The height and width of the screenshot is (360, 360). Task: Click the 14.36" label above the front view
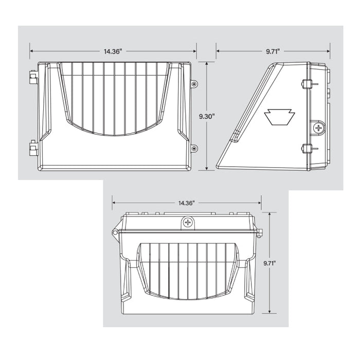pyautogui.click(x=113, y=51)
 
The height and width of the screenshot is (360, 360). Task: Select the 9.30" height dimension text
pyautogui.click(x=207, y=117)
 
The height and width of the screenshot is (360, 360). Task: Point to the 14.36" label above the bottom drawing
pyautogui.click(x=187, y=203)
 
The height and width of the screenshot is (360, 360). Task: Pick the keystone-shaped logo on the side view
pyautogui.click(x=279, y=117)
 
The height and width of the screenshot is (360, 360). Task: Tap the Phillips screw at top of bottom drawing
pyautogui.click(x=188, y=223)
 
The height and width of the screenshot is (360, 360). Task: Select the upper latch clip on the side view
pyautogui.click(x=307, y=84)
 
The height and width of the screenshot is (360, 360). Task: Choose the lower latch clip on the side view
pyautogui.click(x=307, y=149)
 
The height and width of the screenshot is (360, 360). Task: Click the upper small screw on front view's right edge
pyautogui.click(x=194, y=84)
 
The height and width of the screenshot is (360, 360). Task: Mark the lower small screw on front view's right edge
pyautogui.click(x=194, y=149)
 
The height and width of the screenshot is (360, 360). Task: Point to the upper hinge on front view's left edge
pyautogui.click(x=32, y=78)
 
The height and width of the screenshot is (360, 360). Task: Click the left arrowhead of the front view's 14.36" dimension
pyautogui.click(x=31, y=51)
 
